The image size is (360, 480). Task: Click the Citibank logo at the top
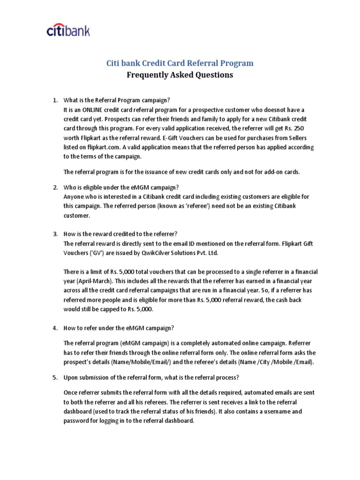[68, 31]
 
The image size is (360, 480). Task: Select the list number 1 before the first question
[54, 100]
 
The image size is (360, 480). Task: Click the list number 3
[54, 234]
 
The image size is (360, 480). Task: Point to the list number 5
[54, 377]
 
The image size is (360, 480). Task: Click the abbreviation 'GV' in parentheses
[94, 253]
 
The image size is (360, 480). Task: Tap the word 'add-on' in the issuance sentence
[270, 172]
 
